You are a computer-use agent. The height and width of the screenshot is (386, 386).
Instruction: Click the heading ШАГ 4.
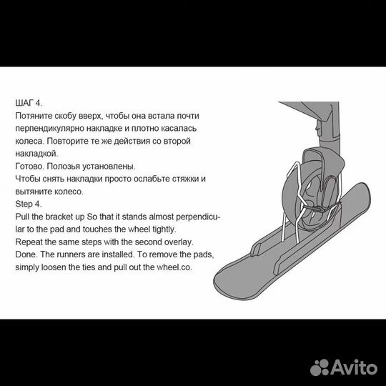pyautogui.click(x=29, y=103)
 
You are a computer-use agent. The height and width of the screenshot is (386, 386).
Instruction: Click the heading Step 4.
pyautogui.click(x=29, y=204)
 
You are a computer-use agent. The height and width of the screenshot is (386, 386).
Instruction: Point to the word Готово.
pyautogui.click(x=30, y=166)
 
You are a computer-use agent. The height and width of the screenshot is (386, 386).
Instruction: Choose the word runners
pyautogui.click(x=71, y=254)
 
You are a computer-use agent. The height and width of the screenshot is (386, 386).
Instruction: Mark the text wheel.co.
pyautogui.click(x=174, y=267)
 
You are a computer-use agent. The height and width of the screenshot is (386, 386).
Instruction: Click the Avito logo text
pyautogui.click(x=355, y=367)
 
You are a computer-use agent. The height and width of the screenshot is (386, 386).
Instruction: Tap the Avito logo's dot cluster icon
pyautogui.click(x=320, y=367)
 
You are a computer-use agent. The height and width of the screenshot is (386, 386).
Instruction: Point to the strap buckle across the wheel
pyautogui.click(x=320, y=209)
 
